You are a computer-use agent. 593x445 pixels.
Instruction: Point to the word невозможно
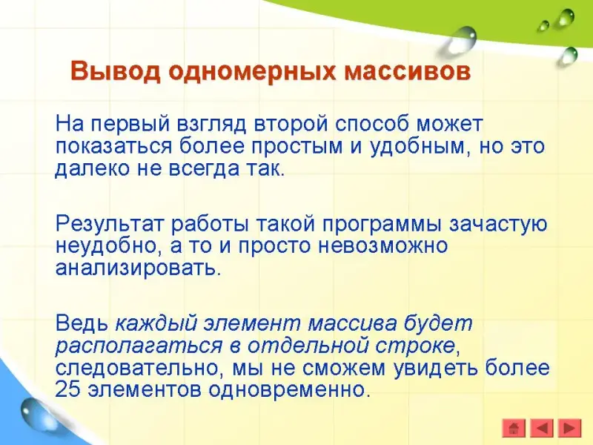(383, 246)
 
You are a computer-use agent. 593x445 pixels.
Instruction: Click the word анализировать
(138, 268)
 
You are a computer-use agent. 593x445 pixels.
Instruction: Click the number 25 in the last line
(67, 389)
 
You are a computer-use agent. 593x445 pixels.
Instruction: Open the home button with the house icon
(514, 429)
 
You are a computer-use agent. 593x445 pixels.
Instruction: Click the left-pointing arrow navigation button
(542, 429)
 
